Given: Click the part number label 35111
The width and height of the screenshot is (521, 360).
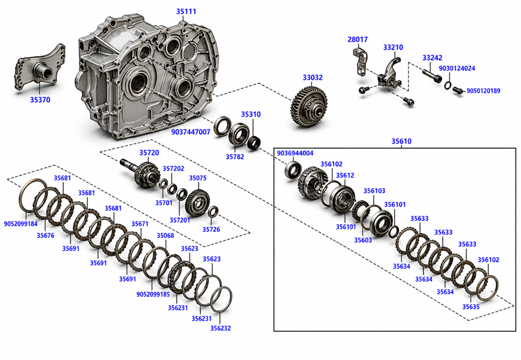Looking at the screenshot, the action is tap(186, 11).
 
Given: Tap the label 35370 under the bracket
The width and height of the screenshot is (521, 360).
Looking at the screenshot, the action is tap(40, 100).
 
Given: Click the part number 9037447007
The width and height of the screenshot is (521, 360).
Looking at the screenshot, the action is tap(191, 132).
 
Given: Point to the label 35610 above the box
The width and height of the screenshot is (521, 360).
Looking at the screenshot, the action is tap(401, 141).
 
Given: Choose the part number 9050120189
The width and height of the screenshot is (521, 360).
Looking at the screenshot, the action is tap(484, 91).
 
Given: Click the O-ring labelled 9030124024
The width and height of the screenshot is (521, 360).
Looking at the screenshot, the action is tap(447, 85).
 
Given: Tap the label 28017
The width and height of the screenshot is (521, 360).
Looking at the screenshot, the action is tap(357, 39).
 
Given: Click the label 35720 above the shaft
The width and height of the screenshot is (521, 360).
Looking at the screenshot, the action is tap(149, 153).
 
